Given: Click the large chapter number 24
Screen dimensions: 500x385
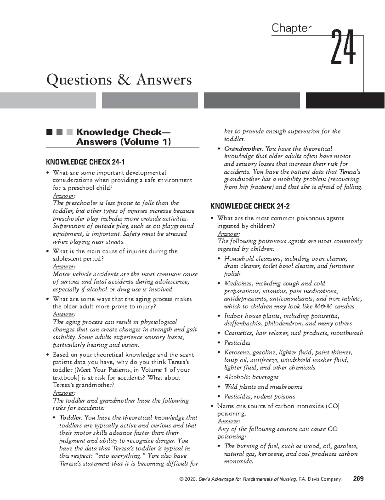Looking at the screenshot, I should pos(343,47).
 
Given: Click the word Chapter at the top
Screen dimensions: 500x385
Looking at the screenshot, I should pos(291,28).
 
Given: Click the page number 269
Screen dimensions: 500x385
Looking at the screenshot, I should pos(358,479).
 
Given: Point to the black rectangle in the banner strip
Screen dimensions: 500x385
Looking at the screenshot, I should pos(345,100).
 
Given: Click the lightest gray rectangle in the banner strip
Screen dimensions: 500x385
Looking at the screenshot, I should pos(48,100).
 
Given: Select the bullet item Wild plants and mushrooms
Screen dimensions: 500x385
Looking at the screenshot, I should pos(263,387).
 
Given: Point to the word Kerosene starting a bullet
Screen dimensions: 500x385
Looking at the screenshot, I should pos(237,352).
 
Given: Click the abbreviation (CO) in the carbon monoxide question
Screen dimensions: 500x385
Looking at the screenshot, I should pos(332,406).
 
